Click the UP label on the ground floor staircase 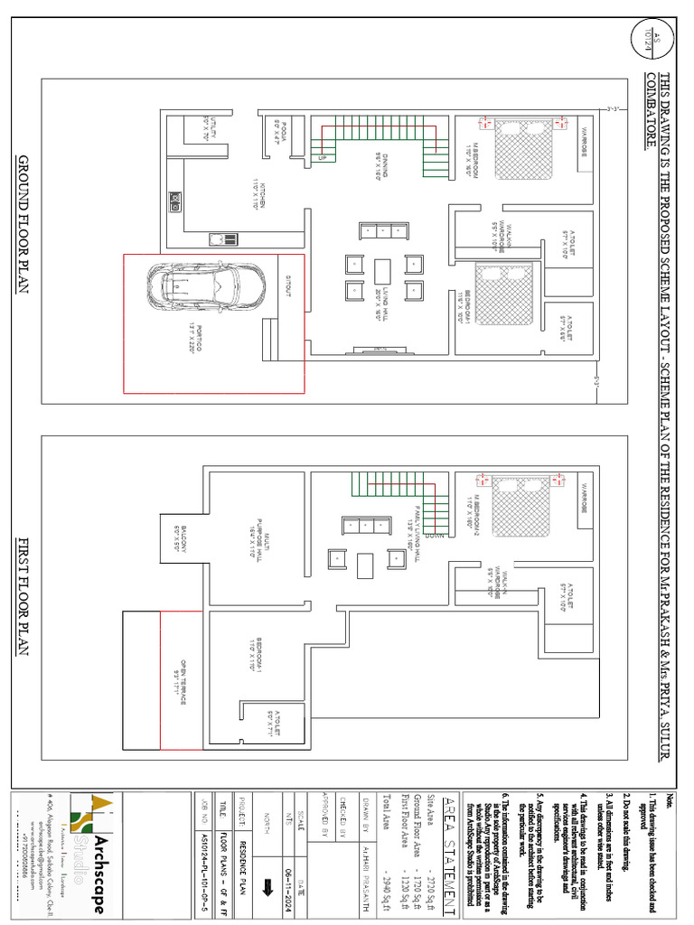322,157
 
